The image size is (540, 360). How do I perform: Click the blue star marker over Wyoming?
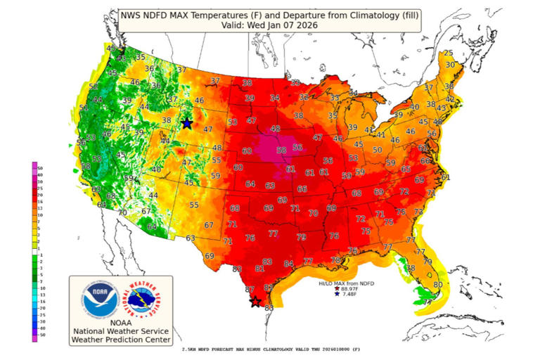coord(187,123)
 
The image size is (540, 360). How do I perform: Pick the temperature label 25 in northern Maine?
coord(449,53)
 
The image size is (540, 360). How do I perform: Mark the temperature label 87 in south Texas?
coord(250,290)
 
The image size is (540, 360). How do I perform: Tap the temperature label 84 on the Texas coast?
coord(288,264)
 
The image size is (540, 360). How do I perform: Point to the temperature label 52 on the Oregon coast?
coord(93,86)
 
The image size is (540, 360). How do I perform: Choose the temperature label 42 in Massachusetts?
coord(450,100)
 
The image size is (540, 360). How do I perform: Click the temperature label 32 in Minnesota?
coord(304,97)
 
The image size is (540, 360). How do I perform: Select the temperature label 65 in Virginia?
coord(406,169)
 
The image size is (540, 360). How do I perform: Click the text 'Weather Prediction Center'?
coord(120,340)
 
